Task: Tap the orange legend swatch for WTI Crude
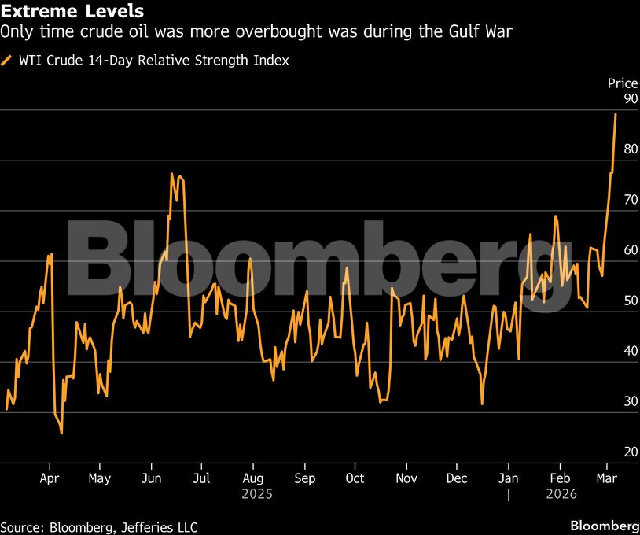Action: coord(7,60)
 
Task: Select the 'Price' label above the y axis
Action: coord(622,83)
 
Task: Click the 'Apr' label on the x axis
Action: coord(50,478)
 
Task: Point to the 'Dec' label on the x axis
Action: coord(457,478)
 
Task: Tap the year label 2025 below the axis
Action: coord(256,494)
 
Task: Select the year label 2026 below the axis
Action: coord(561,494)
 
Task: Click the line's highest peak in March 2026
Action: coord(616,114)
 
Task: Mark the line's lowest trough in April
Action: coord(61,433)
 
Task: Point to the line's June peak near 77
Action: coord(171,174)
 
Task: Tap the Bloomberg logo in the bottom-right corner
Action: coord(604,526)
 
